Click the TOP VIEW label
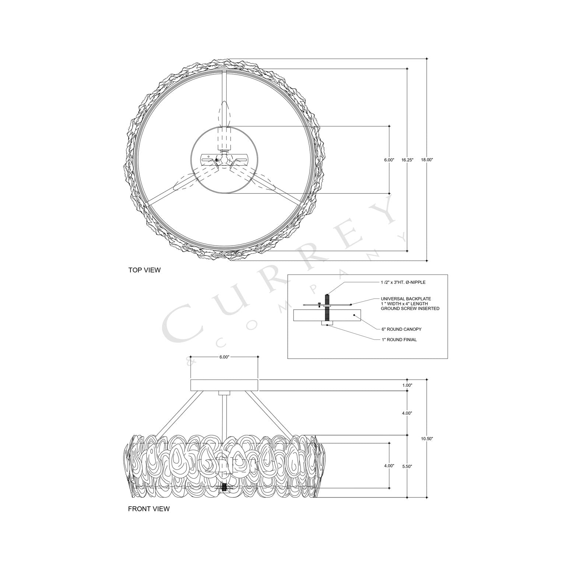[144, 270]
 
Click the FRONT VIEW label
[148, 509]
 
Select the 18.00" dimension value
[427, 160]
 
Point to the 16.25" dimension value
[407, 160]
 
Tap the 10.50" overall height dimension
[427, 439]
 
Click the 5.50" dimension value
[407, 466]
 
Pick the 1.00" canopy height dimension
[407, 385]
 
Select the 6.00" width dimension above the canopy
[224, 357]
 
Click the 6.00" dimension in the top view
[389, 160]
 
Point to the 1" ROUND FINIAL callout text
[399, 340]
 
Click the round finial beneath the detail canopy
[327, 323]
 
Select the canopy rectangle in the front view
[224, 385]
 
